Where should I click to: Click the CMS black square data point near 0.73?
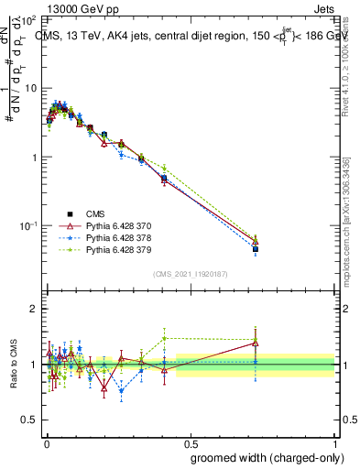tap(256, 248)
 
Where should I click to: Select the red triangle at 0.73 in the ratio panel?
tap(256, 344)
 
